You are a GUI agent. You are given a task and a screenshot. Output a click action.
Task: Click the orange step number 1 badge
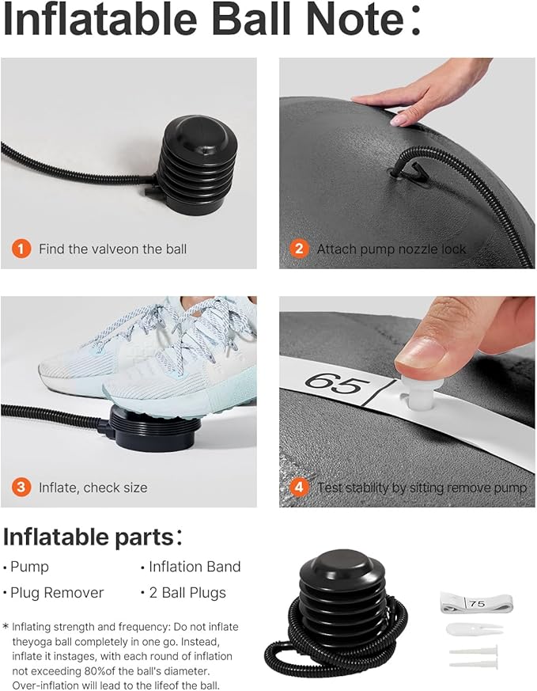click(x=21, y=249)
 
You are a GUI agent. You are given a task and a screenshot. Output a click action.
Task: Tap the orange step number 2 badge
click(x=299, y=249)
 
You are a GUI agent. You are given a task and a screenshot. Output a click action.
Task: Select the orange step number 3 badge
click(x=21, y=488)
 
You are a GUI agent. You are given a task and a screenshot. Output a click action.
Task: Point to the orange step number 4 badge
click(x=299, y=488)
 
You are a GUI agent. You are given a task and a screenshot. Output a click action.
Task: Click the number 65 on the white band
click(x=338, y=383)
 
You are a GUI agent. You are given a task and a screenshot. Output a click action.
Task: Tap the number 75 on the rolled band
click(x=477, y=604)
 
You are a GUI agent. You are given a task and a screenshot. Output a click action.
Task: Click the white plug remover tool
click(x=474, y=628)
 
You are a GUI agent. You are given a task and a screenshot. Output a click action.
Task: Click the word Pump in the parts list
click(x=29, y=568)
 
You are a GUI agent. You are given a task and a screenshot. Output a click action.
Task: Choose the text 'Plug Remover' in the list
click(x=57, y=593)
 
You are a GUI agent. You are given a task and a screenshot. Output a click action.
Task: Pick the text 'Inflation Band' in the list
click(x=195, y=567)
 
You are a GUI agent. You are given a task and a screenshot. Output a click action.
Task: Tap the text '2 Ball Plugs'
click(x=187, y=593)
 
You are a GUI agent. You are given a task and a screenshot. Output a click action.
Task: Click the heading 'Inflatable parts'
click(x=89, y=537)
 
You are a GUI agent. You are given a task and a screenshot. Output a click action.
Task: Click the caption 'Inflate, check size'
click(x=93, y=488)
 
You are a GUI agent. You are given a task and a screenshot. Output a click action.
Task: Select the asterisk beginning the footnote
click(x=6, y=626)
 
